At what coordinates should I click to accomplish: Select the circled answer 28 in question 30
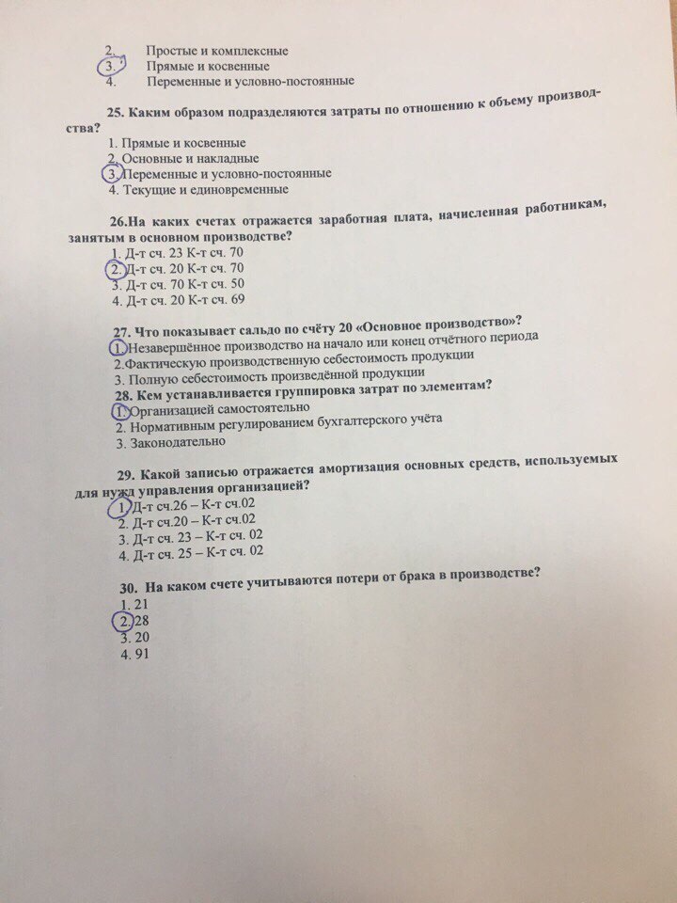coord(124,621)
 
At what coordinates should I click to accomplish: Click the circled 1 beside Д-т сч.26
coord(119,508)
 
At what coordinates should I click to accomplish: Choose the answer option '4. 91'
coord(130,656)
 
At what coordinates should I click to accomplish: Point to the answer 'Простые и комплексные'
coord(217,51)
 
